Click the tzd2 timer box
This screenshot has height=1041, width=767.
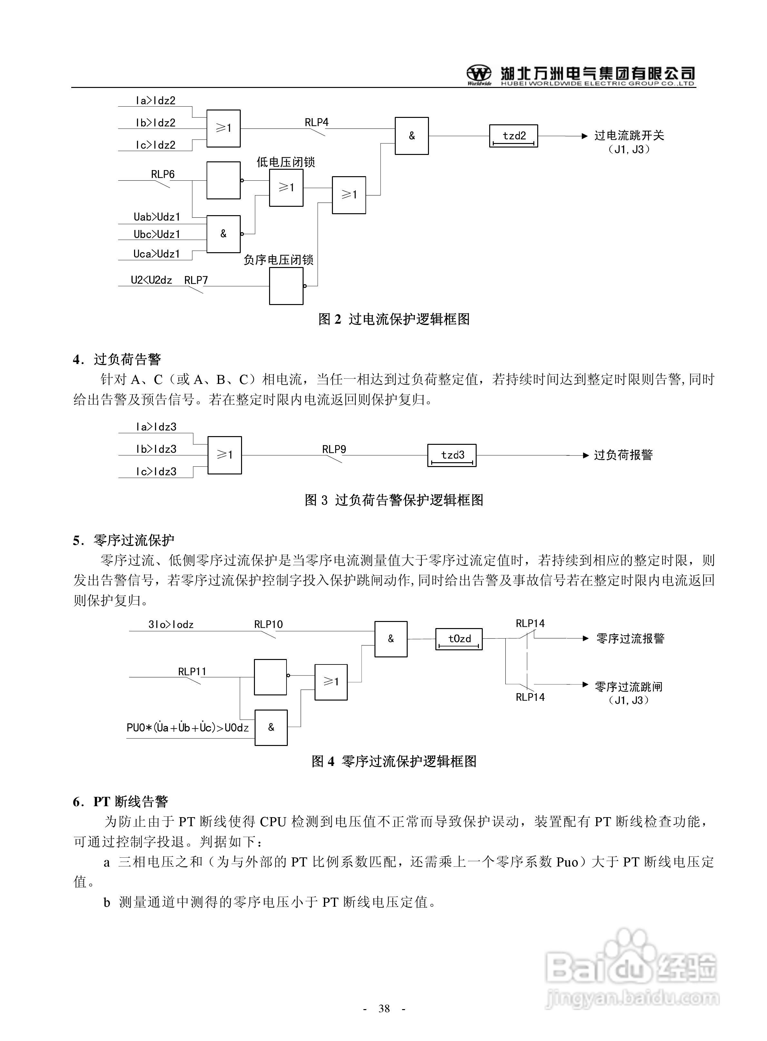513,136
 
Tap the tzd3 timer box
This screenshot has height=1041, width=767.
452,455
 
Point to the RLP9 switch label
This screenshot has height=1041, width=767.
334,449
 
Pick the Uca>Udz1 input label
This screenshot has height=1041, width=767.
157,254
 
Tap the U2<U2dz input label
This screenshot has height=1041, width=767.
151,280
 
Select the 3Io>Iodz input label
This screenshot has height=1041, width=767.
171,625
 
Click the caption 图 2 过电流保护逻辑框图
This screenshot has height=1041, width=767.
394,319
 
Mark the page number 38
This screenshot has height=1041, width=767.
384,1008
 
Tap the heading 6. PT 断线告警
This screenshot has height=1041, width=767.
121,801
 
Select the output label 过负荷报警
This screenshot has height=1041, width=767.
623,455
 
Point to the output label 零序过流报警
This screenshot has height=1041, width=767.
630,639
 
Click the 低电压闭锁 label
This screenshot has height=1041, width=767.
286,162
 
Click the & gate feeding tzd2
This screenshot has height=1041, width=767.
411,136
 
